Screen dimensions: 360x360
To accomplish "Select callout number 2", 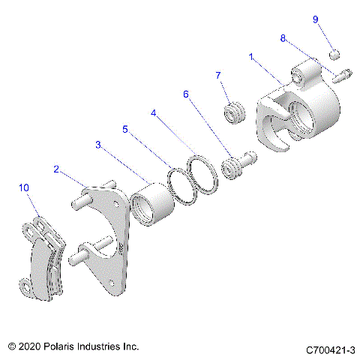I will (x=55, y=169).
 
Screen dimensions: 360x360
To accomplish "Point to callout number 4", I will (x=153, y=114).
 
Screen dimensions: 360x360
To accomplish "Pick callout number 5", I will (x=125, y=129).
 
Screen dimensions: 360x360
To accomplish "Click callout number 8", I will (x=283, y=37).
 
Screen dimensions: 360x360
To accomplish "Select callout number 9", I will (x=315, y=19).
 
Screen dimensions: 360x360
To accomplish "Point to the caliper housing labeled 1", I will (x=300, y=112).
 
